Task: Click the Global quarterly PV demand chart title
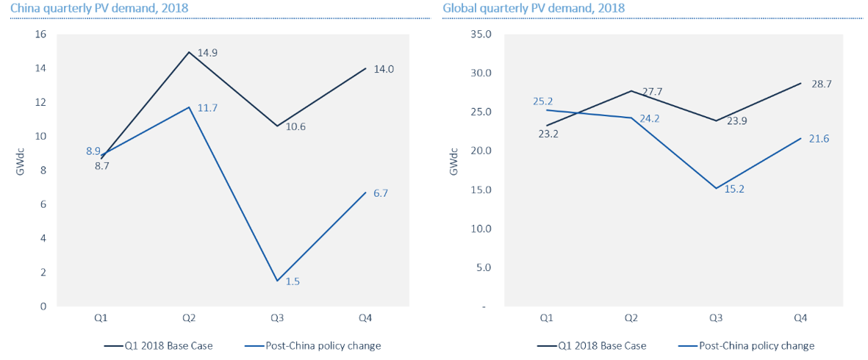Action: (534, 8)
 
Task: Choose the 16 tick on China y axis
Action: (40, 35)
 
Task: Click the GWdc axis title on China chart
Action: (20, 170)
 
